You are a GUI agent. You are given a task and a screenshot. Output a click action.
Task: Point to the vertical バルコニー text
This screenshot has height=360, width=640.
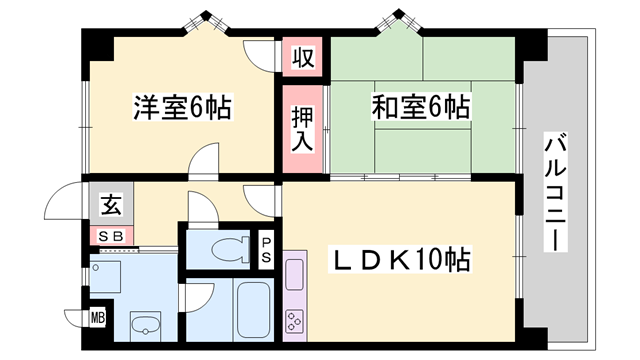(x=552, y=192)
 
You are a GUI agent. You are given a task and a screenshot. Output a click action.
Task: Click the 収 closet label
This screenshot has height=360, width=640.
(x=302, y=57)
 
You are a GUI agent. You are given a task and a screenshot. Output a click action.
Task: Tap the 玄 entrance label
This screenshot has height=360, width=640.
(x=110, y=206)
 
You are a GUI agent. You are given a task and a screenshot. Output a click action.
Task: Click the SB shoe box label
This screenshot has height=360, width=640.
(x=109, y=235)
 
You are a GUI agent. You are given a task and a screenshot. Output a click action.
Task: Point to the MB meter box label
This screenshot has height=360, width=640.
(x=98, y=319)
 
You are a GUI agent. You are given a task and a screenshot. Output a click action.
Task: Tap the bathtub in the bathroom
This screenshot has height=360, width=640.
(x=254, y=308)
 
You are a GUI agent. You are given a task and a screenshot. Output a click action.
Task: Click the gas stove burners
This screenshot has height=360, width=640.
(x=296, y=321)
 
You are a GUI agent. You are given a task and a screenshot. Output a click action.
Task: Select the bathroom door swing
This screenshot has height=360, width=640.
(x=199, y=297)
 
